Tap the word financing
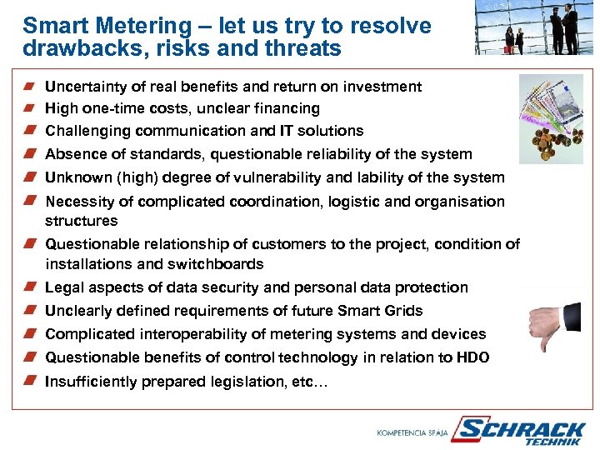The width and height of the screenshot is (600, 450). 286,108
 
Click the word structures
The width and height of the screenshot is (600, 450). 82,221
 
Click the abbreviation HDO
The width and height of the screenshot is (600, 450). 472,357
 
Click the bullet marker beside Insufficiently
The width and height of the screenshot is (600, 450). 29,381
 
